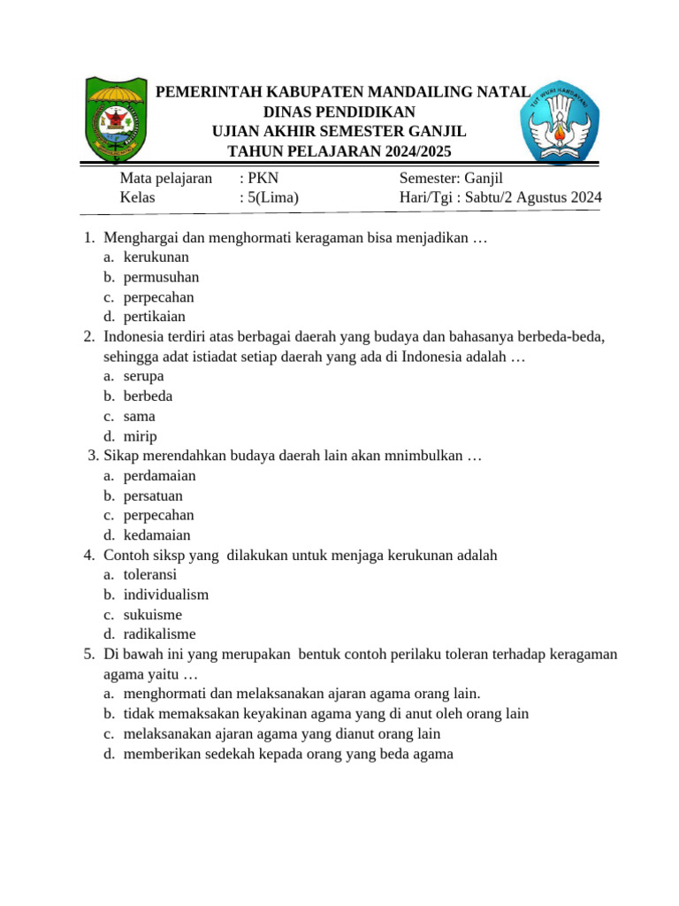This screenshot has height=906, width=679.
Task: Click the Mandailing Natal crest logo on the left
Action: (116, 119)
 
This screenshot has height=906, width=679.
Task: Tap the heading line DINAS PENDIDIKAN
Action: (339, 111)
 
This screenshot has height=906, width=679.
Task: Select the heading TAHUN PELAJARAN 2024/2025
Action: (339, 151)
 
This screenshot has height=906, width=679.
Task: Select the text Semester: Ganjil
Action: (451, 178)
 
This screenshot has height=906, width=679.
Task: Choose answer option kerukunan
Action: (156, 257)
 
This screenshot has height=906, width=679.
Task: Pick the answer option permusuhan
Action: (161, 277)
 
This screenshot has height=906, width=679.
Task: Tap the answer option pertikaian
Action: (155, 317)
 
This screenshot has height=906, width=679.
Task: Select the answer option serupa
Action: (143, 376)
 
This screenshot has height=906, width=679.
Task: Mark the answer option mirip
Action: (140, 436)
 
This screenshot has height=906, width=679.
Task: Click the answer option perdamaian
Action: (159, 476)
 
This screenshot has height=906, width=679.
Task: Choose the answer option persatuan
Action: (153, 495)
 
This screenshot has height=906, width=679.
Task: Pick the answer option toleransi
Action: (149, 574)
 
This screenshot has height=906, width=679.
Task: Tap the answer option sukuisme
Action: (152, 614)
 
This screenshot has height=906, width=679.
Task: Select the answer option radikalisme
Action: (159, 633)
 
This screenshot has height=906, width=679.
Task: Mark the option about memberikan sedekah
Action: (287, 754)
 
